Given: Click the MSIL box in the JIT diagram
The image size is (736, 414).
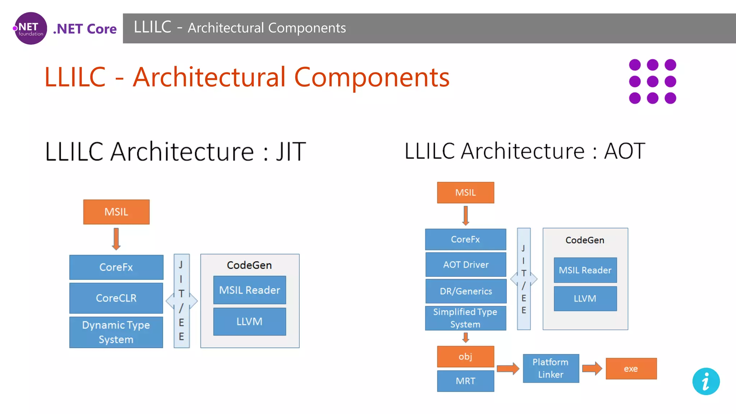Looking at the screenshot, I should (116, 212).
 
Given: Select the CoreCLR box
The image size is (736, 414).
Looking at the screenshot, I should (116, 298).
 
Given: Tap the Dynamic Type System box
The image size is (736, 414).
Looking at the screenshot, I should (116, 332).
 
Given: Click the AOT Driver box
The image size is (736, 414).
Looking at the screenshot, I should (466, 265).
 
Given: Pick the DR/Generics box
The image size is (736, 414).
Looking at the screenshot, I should (466, 291).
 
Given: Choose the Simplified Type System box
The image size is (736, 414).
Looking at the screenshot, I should (465, 318).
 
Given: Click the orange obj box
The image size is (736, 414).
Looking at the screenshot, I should (465, 356).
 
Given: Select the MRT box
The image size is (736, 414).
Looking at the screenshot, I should (465, 381).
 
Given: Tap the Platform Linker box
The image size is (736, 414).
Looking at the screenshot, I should (551, 368).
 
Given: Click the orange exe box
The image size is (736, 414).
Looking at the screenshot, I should (631, 369).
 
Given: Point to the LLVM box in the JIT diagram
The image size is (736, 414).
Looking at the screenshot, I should (249, 322).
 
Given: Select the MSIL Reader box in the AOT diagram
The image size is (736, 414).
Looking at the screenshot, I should (585, 270).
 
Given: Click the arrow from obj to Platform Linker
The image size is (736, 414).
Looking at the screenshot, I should (508, 368).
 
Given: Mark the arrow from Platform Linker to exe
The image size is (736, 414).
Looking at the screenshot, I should (592, 368).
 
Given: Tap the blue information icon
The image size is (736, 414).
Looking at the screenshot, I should (706, 381).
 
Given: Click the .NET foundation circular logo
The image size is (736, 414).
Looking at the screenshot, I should (31, 28).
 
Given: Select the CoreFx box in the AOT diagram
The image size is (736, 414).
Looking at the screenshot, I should (465, 239).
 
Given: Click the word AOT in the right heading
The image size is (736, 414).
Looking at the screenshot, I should (625, 151).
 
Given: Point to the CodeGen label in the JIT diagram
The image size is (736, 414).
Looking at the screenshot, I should (249, 265).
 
